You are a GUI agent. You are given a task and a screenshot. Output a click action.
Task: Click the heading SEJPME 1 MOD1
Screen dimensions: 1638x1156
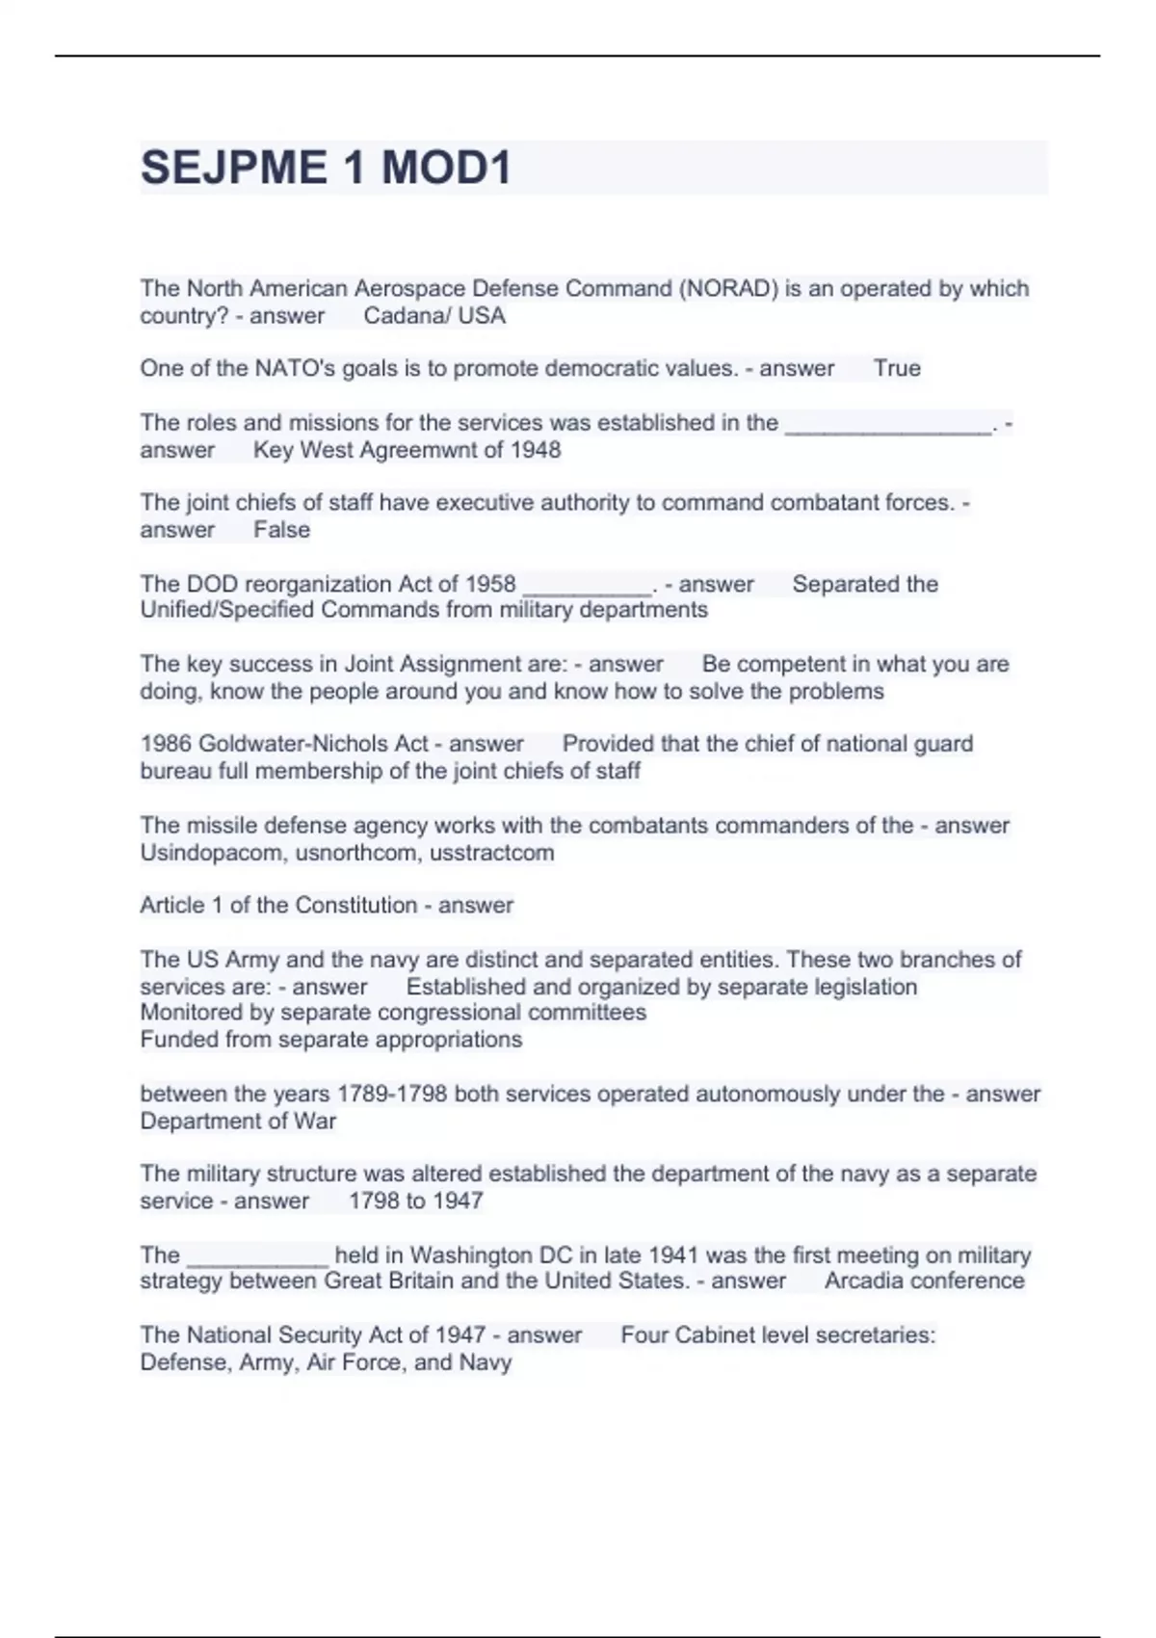pyautogui.click(x=326, y=168)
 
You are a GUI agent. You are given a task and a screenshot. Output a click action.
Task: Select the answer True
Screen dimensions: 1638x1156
pyautogui.click(x=897, y=368)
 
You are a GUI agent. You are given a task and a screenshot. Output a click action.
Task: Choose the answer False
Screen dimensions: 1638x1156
pyautogui.click(x=281, y=530)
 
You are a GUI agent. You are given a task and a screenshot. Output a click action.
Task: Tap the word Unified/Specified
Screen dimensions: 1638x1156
pyautogui.click(x=227, y=610)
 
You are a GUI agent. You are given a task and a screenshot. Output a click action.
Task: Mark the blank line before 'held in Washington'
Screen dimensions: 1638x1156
pyautogui.click(x=257, y=1257)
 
